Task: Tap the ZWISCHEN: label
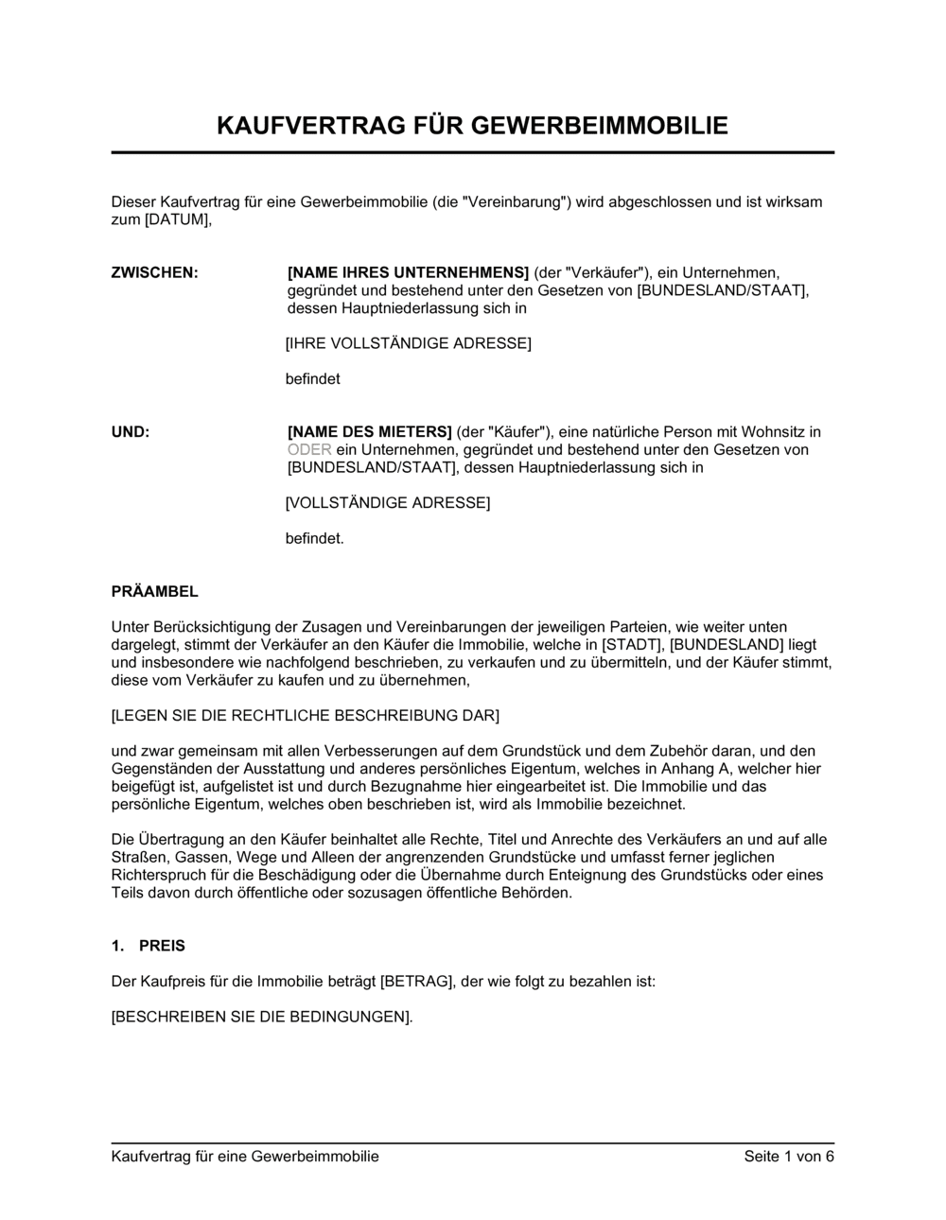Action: (155, 272)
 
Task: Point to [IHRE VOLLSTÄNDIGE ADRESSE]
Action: (408, 343)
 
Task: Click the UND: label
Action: (131, 432)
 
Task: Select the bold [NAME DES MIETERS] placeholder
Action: (369, 432)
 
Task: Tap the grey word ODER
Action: (309, 450)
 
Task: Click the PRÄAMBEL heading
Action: (155, 592)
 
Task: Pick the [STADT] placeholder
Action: (631, 645)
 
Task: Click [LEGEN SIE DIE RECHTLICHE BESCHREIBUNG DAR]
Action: (305, 716)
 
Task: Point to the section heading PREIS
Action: (162, 946)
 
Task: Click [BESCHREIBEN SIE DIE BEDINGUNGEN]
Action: (261, 1018)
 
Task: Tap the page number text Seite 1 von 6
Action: (789, 1157)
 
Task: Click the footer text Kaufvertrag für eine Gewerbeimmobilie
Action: (245, 1157)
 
